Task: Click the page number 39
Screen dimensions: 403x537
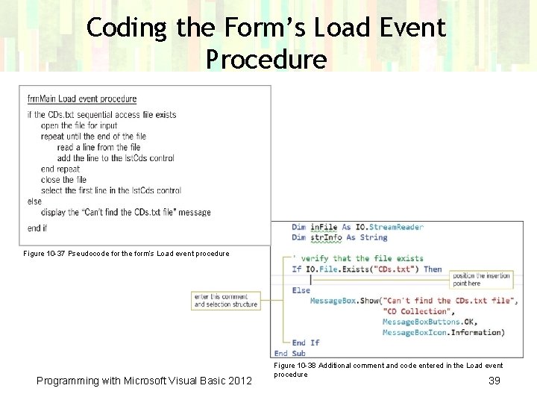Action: click(494, 381)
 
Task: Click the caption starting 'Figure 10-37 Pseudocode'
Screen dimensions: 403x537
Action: click(126, 254)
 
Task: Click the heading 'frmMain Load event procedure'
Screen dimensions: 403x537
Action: click(82, 99)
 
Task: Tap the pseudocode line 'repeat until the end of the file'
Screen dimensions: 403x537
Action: click(93, 137)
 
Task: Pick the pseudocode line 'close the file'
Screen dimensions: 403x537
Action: click(63, 180)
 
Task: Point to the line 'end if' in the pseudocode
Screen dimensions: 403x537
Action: click(37, 228)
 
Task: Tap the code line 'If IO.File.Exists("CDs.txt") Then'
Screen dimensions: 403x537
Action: click(366, 269)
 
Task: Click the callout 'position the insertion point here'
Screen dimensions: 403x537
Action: click(482, 279)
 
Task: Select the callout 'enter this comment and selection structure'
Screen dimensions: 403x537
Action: click(226, 300)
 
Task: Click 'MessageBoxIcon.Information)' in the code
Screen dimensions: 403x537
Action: click(443, 332)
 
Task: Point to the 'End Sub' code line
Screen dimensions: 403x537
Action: click(291, 353)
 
